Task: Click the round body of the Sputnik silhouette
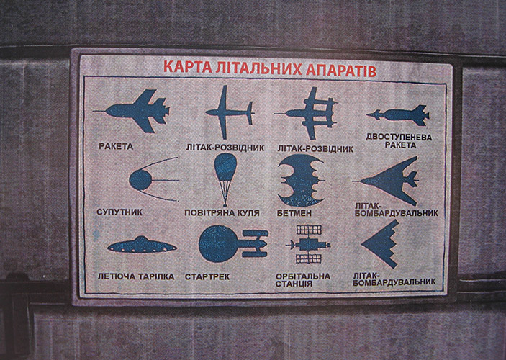[140, 180]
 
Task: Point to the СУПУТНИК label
[119, 212]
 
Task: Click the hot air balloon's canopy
[225, 166]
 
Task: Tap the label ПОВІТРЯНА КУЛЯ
[222, 213]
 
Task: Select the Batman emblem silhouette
[301, 181]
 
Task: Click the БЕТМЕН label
[294, 213]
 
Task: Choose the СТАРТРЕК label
[207, 277]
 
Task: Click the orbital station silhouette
[309, 244]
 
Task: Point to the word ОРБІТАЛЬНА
[303, 276]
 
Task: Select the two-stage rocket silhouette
[398, 115]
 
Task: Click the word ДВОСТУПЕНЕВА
[399, 138]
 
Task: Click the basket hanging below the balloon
[225, 205]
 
